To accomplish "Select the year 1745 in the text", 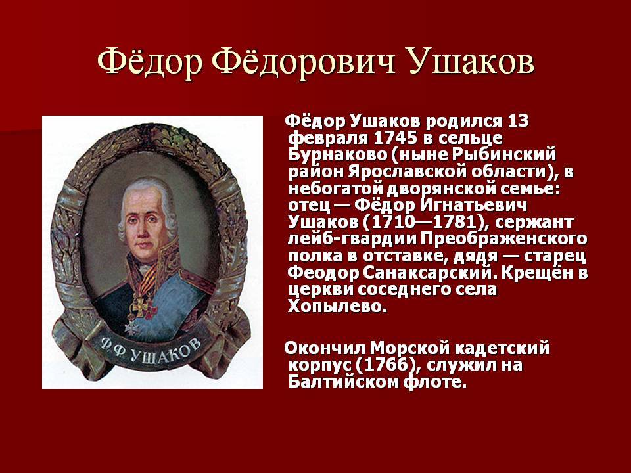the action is tap(396, 139).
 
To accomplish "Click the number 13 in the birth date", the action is tap(518, 121).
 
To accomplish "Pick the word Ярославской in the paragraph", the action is tap(406, 171).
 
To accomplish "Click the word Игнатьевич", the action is tap(473, 206).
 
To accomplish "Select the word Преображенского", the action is tap(504, 239).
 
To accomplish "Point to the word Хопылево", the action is tap(337, 307).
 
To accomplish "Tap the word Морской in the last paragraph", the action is tap(409, 348).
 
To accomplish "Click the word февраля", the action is tap(329, 139).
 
